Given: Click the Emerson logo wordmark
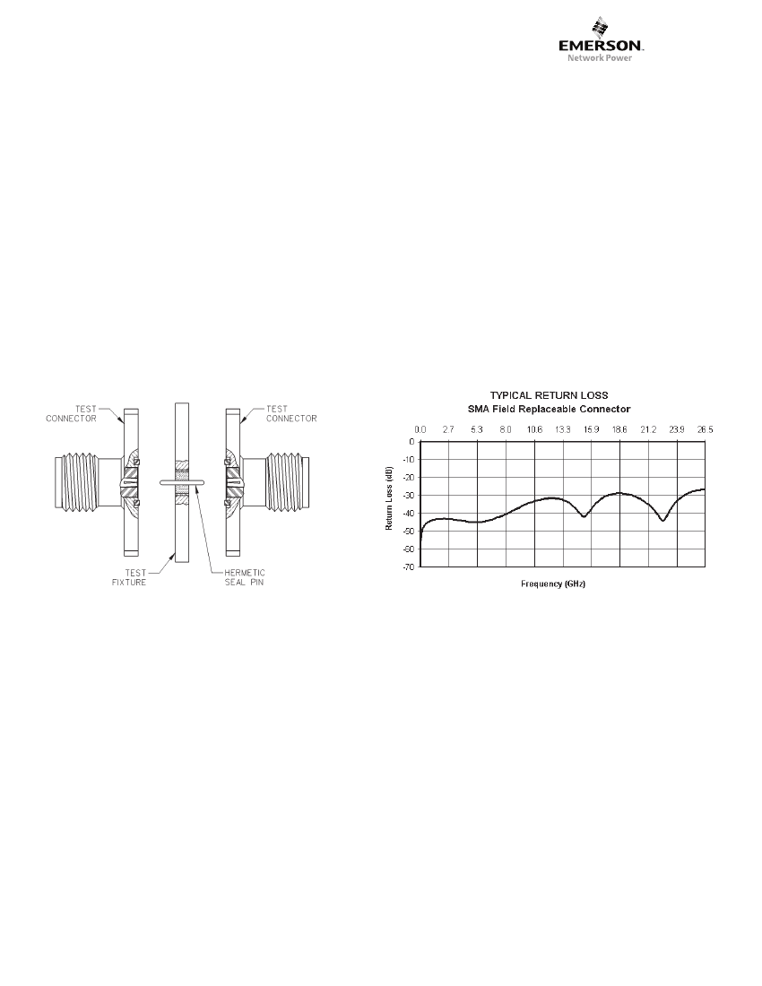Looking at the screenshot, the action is click(601, 46).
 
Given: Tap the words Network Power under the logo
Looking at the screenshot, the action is click(600, 58).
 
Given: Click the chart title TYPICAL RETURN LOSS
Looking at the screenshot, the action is click(549, 395).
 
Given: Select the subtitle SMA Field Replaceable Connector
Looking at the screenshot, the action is click(549, 409).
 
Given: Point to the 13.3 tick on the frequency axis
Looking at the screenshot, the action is click(563, 430).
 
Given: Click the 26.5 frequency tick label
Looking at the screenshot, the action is click(705, 430).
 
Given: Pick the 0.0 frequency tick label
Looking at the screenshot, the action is click(420, 430).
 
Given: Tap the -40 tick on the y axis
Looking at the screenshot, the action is click(408, 513).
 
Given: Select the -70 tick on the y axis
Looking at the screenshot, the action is click(408, 567).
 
